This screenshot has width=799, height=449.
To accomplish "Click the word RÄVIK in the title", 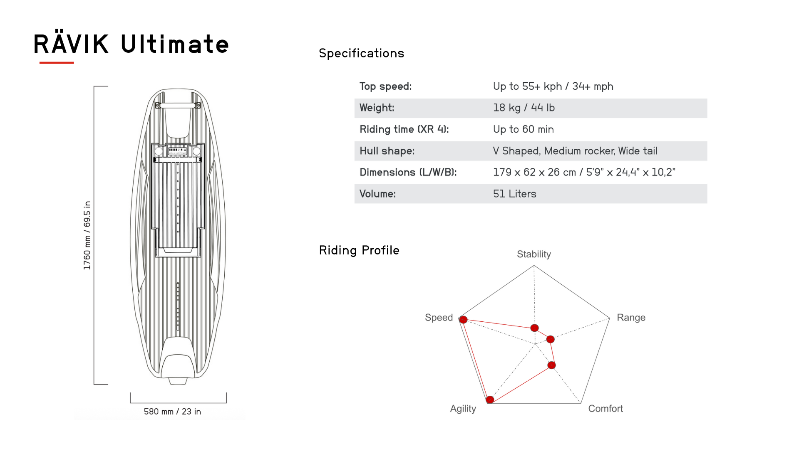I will [71, 44].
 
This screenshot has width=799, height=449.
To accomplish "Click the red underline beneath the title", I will [57, 63].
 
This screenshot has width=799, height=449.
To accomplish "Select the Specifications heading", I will [361, 53].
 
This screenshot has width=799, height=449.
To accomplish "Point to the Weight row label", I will [377, 108].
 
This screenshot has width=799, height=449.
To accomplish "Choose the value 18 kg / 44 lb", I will [524, 108].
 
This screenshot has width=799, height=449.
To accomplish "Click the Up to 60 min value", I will [523, 129].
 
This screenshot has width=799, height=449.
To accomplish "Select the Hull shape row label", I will [387, 151].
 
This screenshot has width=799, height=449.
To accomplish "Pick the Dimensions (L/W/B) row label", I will [408, 173].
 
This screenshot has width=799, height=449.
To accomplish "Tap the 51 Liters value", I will [514, 194].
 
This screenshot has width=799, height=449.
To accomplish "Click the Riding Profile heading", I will [359, 250].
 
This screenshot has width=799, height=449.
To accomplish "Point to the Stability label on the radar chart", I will [533, 254].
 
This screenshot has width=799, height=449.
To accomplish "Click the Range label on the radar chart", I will [631, 318].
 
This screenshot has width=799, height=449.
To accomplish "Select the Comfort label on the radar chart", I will [605, 409].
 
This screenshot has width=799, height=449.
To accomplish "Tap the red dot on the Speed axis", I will [463, 320].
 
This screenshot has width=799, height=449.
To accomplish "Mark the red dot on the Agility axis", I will [490, 400].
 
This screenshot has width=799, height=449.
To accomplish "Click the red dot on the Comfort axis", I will [551, 365].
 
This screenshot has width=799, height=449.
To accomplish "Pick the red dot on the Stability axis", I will [535, 328].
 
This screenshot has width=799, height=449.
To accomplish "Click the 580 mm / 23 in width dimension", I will [172, 412].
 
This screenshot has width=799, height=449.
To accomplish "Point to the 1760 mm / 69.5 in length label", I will [87, 235].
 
